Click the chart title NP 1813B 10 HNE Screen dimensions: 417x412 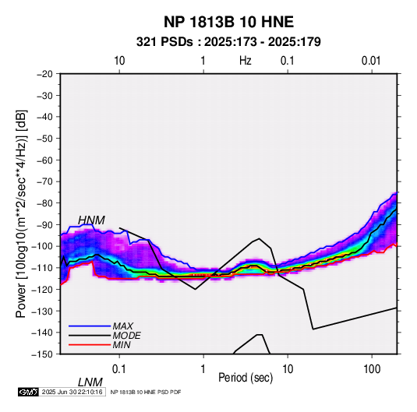(228, 22)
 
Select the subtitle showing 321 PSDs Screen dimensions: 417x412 (228, 42)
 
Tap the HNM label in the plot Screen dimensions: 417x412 (91, 220)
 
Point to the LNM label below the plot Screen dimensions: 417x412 (90, 382)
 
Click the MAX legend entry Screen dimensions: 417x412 (122, 326)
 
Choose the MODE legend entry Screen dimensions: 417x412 (126, 336)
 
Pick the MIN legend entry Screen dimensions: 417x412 (122, 345)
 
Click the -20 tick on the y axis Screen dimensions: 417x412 (44, 74)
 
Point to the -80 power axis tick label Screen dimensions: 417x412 (44, 203)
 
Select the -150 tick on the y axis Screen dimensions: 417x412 (42, 354)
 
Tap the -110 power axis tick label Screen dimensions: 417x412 (42, 268)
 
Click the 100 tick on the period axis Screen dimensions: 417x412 (372, 369)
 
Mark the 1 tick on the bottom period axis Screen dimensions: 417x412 (203, 369)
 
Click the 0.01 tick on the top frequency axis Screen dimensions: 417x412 (371, 61)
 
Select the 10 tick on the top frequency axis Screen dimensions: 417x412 (119, 61)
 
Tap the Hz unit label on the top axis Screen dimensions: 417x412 (246, 61)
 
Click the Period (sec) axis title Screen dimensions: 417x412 (246, 378)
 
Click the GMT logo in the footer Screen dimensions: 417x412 (29, 392)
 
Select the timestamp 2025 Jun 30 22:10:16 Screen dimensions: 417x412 (72, 392)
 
